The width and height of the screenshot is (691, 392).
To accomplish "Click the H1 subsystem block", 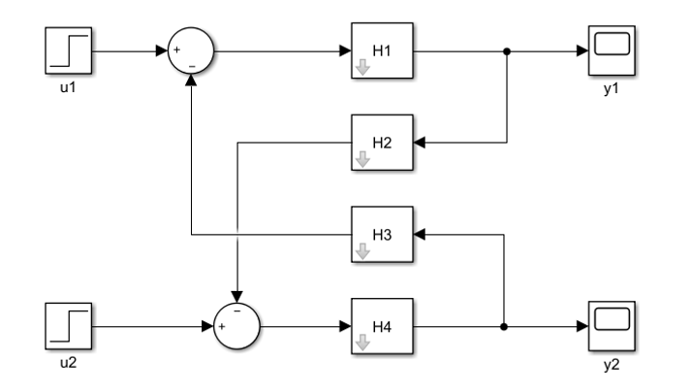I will [382, 50].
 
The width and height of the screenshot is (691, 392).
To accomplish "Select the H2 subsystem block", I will [382, 143].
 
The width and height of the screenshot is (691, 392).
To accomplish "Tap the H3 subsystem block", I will [382, 234].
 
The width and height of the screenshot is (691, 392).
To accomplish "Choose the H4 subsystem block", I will [382, 326].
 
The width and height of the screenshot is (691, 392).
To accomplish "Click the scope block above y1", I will [610, 50].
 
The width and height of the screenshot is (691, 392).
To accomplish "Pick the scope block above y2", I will [610, 326].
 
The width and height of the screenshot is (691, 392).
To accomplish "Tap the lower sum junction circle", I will [236, 326].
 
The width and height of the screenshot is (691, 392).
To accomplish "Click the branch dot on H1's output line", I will [506, 50].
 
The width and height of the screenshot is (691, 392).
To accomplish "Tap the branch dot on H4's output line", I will [504, 326].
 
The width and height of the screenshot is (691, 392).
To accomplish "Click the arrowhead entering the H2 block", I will [421, 143].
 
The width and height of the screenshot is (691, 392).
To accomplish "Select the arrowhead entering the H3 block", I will [421, 234].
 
